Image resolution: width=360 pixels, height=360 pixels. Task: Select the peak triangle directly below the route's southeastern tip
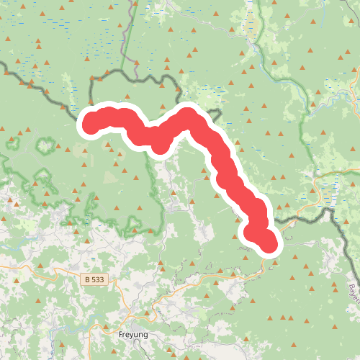(x=273, y=263)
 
